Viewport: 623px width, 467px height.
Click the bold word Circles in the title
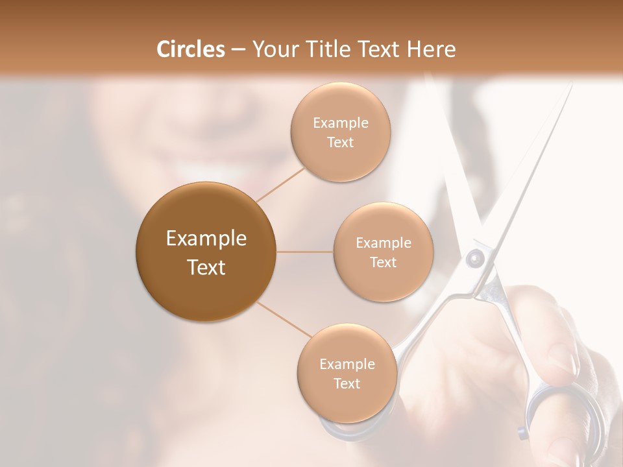click(x=191, y=49)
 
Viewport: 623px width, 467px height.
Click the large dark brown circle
click(x=206, y=252)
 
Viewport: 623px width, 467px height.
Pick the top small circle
click(x=340, y=132)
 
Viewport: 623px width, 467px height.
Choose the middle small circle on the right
click(x=383, y=252)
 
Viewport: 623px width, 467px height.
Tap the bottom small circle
click(x=347, y=373)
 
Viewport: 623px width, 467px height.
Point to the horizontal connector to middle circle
click(x=305, y=252)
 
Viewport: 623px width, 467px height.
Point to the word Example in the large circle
click(x=206, y=239)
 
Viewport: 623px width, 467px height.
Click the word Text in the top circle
click(x=340, y=143)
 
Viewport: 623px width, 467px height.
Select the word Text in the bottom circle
click(x=347, y=383)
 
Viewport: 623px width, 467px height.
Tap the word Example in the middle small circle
click(x=383, y=243)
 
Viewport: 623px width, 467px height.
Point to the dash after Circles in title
click(x=238, y=50)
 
